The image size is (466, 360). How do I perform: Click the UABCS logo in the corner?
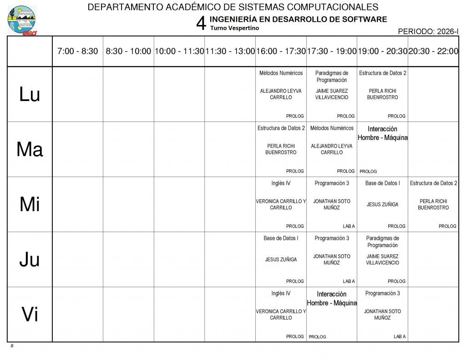coord(22,20)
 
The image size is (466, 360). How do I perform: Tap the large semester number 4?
coord(201,23)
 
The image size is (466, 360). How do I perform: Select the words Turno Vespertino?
coord(234,28)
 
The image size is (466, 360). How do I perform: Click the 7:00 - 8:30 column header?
coord(78,51)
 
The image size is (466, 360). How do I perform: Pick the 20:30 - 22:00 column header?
coord(433,51)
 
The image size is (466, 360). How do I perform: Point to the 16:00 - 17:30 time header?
coord(281,51)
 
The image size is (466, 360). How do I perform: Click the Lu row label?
coord(30,94)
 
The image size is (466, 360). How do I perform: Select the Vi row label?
coord(30,314)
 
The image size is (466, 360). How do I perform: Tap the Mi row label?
coord(30,205)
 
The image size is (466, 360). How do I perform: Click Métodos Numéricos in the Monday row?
coord(281,73)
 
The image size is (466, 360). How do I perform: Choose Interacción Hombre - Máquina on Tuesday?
coord(383,133)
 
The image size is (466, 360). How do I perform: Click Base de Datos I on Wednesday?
coord(383,183)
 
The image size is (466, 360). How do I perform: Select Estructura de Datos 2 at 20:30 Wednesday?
coord(433,183)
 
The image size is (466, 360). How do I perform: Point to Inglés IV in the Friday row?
coord(281,294)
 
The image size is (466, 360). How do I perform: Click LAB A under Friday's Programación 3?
coord(400,337)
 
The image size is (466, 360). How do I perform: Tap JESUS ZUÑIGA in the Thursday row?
coord(281,259)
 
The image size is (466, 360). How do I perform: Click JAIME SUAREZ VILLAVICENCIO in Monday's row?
coord(332,94)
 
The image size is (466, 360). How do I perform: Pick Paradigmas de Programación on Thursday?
coord(383,242)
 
